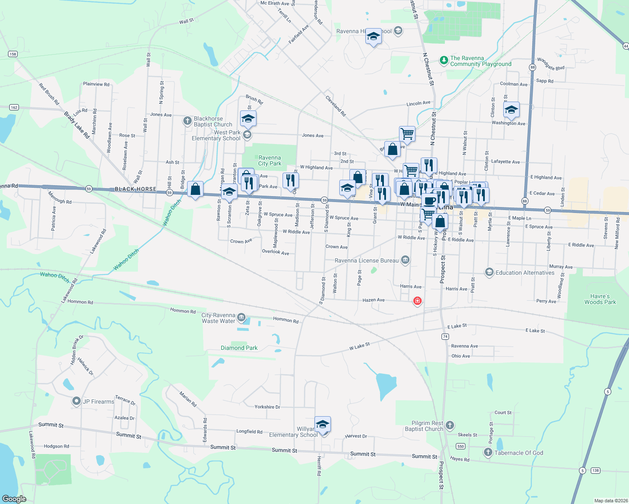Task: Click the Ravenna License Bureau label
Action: pyautogui.click(x=367, y=260)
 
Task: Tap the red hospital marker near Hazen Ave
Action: pyautogui.click(x=417, y=301)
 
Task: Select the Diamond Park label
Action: pyautogui.click(x=239, y=348)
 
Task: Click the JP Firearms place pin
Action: pyautogui.click(x=76, y=401)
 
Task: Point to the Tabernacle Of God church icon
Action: pyautogui.click(x=488, y=452)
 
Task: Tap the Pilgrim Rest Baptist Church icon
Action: pyautogui.click(x=450, y=425)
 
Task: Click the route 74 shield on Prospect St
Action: pyautogui.click(x=445, y=336)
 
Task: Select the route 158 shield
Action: pyautogui.click(x=13, y=54)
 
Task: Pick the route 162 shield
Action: pyautogui.click(x=14, y=108)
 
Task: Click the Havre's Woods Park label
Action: pyautogui.click(x=600, y=299)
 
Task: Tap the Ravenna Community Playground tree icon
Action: pyautogui.click(x=444, y=60)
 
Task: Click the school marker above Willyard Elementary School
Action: pyautogui.click(x=322, y=425)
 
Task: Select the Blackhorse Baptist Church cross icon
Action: pyautogui.click(x=188, y=121)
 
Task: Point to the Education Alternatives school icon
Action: pyautogui.click(x=489, y=273)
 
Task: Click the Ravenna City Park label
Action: pyautogui.click(x=270, y=160)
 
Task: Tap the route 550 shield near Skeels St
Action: pyautogui.click(x=461, y=446)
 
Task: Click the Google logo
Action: pyautogui.click(x=14, y=499)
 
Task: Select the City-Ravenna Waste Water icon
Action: pyautogui.click(x=241, y=317)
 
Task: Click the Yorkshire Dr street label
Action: pyautogui.click(x=267, y=407)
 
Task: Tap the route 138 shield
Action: pyautogui.click(x=595, y=470)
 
